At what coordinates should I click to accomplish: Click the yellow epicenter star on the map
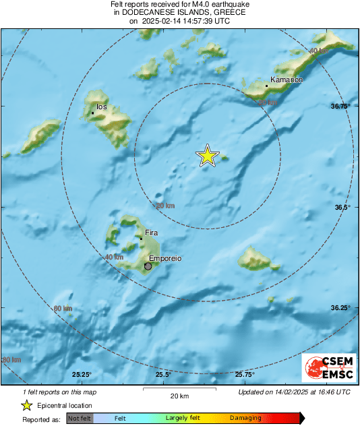pyautogui.click(x=208, y=156)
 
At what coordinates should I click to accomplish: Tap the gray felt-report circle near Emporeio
pyautogui.click(x=148, y=266)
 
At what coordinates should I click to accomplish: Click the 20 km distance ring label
pyautogui.click(x=165, y=206)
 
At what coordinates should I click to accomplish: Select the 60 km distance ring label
pyautogui.click(x=62, y=309)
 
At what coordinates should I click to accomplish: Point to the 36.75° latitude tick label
pyautogui.click(x=341, y=106)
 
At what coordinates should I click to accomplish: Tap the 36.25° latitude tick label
pyautogui.click(x=341, y=307)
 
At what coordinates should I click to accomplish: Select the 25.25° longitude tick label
pyautogui.click(x=82, y=375)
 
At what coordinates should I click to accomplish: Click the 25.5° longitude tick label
pyautogui.click(x=162, y=375)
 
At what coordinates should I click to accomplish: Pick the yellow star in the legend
pyautogui.click(x=26, y=405)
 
